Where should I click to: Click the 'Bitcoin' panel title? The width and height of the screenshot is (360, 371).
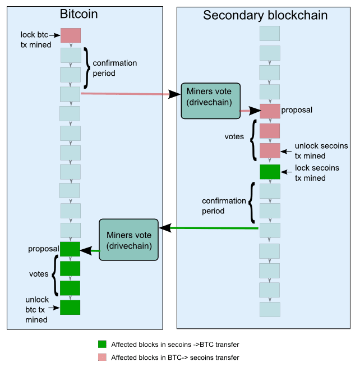coord(79,14)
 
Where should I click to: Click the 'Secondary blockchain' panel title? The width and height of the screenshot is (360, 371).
coord(265,15)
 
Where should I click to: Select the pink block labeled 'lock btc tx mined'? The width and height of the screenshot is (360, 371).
coord(71,36)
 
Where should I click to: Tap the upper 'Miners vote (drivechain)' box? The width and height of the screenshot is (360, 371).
coord(211,101)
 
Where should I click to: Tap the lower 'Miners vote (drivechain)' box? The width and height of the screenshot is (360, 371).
coord(128,240)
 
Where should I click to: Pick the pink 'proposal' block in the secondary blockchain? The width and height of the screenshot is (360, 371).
coord(270,111)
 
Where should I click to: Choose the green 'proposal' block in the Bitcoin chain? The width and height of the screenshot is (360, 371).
coord(70,249)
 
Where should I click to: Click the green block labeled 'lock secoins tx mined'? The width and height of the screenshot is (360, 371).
coord(270,172)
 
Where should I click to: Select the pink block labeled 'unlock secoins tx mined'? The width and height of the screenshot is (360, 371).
coord(270,150)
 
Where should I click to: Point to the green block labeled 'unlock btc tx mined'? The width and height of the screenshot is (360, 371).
coord(70,308)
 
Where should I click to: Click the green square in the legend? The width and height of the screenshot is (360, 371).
coord(102,344)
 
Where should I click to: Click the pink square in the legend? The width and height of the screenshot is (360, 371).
coord(102,358)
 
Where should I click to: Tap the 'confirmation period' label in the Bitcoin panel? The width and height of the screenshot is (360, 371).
coord(115,68)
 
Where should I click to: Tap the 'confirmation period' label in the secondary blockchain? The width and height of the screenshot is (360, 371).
coord(224,206)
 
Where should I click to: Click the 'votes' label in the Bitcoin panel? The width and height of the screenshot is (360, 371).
coord(39,274)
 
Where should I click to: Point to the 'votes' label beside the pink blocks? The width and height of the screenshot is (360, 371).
coord(234,136)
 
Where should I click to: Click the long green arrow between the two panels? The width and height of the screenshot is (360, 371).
coord(209,228)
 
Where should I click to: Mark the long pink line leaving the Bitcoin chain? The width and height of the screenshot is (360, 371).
coord(125,94)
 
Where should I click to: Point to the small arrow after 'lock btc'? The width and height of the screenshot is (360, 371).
coord(54,35)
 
